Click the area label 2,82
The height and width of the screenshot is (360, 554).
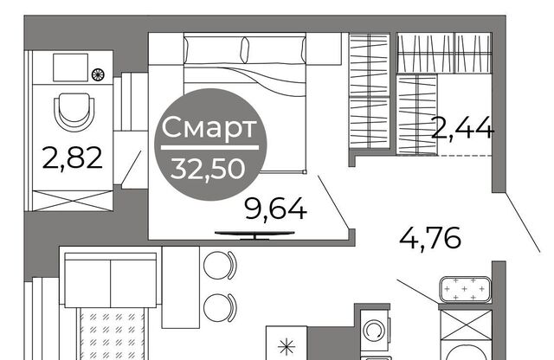[72, 158]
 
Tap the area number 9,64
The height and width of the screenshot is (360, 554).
[275, 209]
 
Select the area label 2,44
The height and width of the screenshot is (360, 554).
[462, 128]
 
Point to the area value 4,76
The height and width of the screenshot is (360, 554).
[430, 237]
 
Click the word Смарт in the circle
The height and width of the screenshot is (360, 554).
[209, 128]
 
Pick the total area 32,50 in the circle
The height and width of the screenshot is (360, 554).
[208, 169]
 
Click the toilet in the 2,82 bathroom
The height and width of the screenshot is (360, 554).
[74, 111]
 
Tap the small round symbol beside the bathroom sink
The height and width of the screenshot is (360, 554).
[98, 74]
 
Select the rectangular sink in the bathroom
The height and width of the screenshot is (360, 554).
[70, 67]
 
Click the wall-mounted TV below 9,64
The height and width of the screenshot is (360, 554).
[254, 235]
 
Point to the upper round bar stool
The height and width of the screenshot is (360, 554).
[219, 266]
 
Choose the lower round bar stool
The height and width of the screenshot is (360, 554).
[219, 308]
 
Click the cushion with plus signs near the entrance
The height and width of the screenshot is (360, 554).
[465, 290]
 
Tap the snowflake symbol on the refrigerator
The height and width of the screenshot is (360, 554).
[287, 346]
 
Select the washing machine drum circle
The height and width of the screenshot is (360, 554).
[374, 331]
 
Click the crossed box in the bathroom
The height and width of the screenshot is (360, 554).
[73, 201]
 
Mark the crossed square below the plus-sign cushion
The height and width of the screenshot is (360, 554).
[466, 325]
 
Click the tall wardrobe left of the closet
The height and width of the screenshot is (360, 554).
[370, 91]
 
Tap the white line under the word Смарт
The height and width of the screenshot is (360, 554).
[209, 148]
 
